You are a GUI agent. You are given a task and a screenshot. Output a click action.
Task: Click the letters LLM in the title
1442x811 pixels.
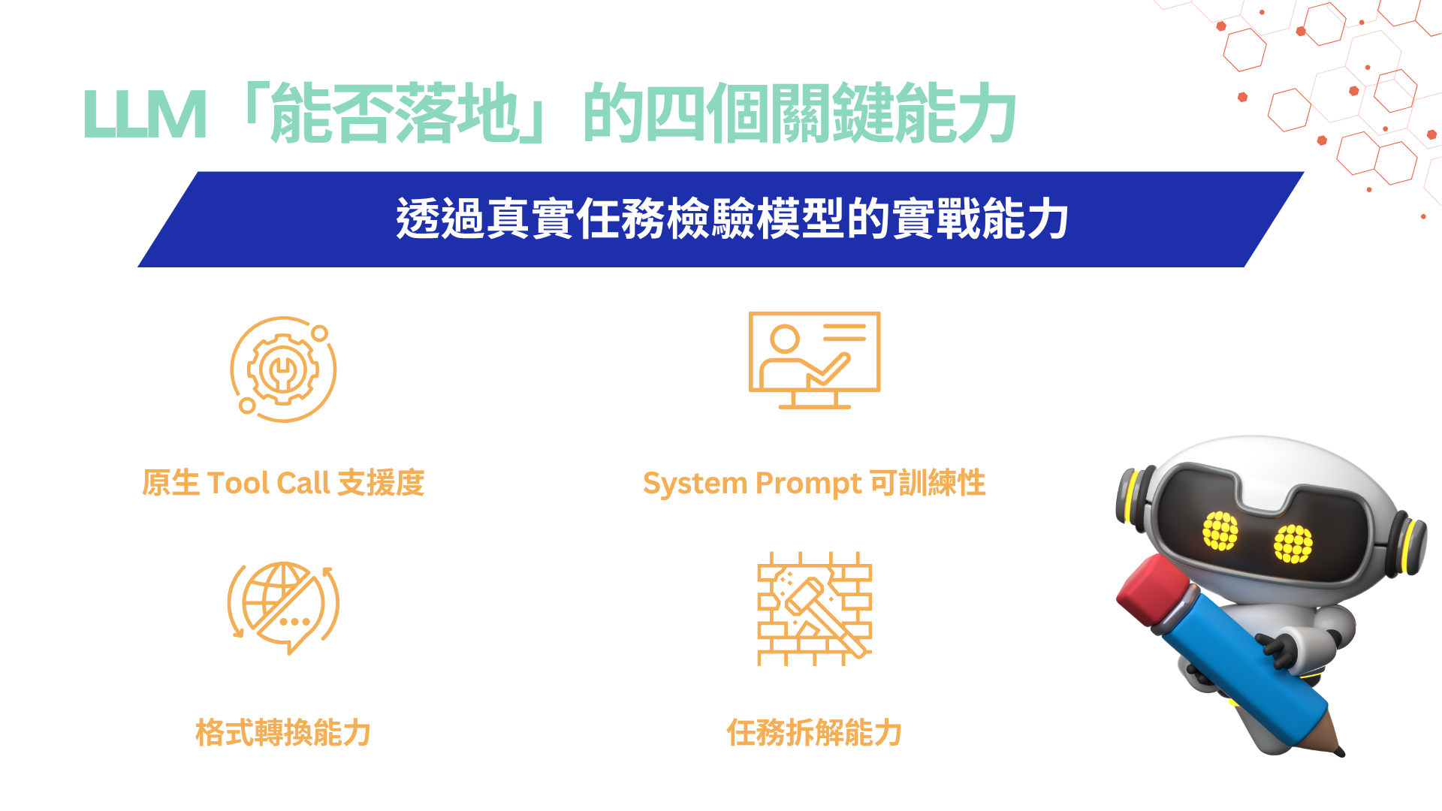[x=144, y=114]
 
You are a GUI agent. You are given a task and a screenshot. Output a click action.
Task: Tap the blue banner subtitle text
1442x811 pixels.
[x=732, y=219]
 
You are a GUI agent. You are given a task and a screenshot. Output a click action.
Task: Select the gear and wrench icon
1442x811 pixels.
[x=283, y=369]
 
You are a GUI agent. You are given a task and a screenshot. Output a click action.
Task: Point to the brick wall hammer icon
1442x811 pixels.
[x=814, y=609]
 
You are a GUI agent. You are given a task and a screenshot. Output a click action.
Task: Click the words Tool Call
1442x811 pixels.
[x=268, y=483]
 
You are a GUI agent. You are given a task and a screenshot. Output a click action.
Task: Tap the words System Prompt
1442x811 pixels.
[x=753, y=484]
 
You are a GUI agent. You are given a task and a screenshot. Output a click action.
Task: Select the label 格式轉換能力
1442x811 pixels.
[x=283, y=732]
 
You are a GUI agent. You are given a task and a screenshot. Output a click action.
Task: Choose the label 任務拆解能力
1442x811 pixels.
[x=814, y=732]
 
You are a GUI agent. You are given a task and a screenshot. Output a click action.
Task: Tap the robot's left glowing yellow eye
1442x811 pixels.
[x=1220, y=530]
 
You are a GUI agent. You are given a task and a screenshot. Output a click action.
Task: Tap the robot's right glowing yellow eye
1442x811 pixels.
[x=1293, y=544]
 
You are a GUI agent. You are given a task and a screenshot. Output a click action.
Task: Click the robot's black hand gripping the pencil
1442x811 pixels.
[x=1277, y=650]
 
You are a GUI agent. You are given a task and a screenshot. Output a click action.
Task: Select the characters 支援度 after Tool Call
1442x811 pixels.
[x=381, y=483]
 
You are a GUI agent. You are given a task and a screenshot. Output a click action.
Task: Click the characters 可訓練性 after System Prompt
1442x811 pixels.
[x=928, y=483]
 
